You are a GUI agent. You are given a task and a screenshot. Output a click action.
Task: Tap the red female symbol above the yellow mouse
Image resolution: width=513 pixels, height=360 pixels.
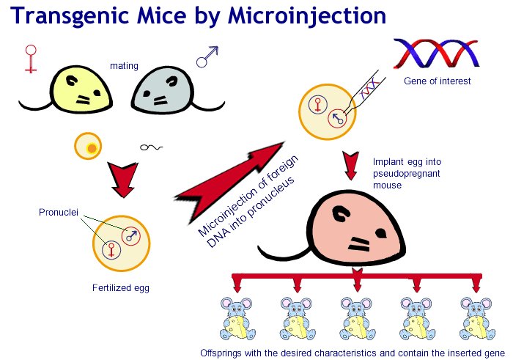[x=30, y=57]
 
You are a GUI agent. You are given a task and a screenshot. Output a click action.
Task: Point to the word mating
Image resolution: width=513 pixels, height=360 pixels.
[x=124, y=66]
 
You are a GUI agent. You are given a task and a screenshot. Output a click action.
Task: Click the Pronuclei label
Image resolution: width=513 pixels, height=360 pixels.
[x=57, y=213]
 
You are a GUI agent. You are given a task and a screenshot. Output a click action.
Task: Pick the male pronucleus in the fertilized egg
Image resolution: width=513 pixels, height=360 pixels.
[x=133, y=235]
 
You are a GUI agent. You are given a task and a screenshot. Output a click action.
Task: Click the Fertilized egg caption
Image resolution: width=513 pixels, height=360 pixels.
[x=120, y=287]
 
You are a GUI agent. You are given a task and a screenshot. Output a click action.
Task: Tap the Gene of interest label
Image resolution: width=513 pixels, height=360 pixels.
[x=438, y=81]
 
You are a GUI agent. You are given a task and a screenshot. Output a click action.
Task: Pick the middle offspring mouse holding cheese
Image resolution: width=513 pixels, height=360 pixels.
[x=357, y=320]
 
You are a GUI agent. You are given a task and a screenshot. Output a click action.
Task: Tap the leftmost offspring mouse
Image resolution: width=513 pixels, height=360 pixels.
[x=238, y=320]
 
